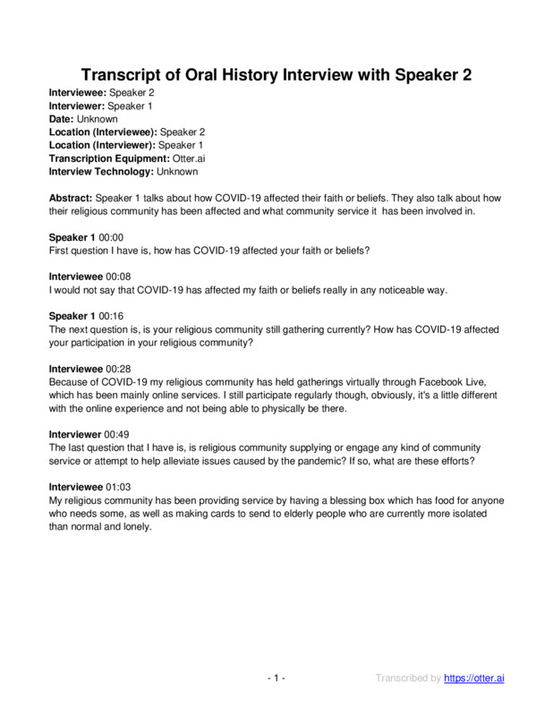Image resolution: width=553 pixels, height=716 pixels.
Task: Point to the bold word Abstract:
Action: [x=72, y=198]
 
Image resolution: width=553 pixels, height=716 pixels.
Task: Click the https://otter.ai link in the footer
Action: [x=474, y=679]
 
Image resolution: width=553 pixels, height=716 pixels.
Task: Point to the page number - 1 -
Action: [x=276, y=679]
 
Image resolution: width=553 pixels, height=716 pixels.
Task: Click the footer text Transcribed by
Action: [x=407, y=679]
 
